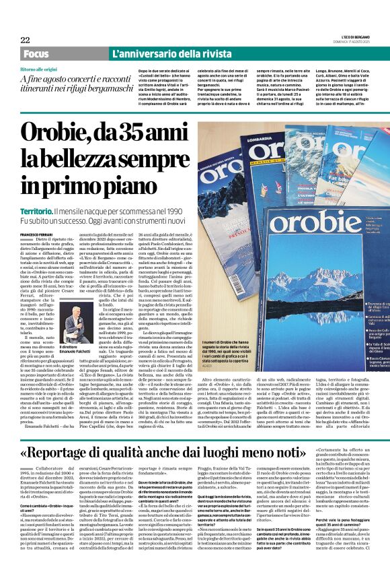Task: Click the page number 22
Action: [26, 40]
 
